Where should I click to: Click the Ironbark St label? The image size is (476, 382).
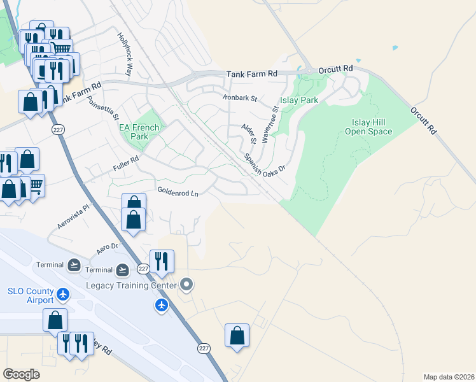pos(239,99)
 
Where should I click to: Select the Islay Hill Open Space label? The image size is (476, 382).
pos(368,127)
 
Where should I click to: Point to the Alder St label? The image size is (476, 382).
pos(249,133)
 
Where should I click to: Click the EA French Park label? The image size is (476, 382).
pos(134,132)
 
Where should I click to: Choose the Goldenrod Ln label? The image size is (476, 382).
pos(178,191)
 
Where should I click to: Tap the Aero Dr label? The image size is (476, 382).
pos(107,246)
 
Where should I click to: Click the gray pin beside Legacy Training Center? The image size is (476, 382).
pos(186,284)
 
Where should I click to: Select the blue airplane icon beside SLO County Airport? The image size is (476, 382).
pos(63,294)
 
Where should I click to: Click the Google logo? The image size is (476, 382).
pos(22,374)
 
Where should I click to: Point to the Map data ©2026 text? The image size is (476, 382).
pos(449,376)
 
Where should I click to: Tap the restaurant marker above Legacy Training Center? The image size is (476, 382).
pos(162,261)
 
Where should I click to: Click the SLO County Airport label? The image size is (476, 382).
pos(31,296)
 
